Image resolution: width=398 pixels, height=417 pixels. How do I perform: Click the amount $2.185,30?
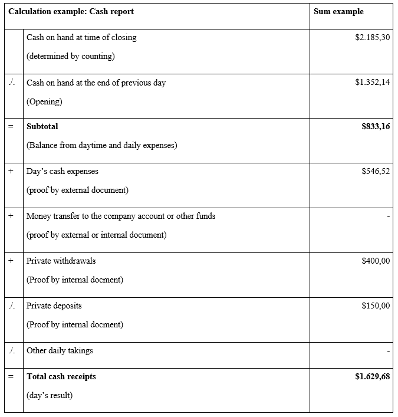(373, 37)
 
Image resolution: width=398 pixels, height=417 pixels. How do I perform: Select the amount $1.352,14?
(373, 83)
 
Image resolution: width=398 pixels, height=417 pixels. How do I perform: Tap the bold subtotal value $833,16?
(376, 126)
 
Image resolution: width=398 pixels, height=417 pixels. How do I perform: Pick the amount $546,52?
(376, 172)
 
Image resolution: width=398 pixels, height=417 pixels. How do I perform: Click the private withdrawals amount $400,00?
(376, 261)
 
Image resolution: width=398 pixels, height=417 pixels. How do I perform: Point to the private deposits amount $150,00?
(376, 306)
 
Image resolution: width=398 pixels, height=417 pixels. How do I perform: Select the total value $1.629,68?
(373, 376)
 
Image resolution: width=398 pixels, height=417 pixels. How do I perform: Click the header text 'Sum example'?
(338, 12)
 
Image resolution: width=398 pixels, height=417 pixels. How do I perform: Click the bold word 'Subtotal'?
(42, 126)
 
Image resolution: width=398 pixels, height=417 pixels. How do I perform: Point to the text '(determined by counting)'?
(71, 57)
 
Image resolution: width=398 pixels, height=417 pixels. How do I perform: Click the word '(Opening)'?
(44, 101)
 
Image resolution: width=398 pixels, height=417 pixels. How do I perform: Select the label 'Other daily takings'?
(60, 350)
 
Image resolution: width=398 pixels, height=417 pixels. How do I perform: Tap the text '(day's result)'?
(50, 395)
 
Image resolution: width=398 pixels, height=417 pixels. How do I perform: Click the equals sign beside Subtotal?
(11, 126)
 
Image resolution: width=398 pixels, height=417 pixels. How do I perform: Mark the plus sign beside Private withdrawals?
(11, 261)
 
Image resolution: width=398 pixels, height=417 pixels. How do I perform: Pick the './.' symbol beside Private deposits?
(12, 306)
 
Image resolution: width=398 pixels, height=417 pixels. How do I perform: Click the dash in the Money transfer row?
(388, 216)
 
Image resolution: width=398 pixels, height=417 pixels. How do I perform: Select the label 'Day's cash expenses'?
(63, 172)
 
